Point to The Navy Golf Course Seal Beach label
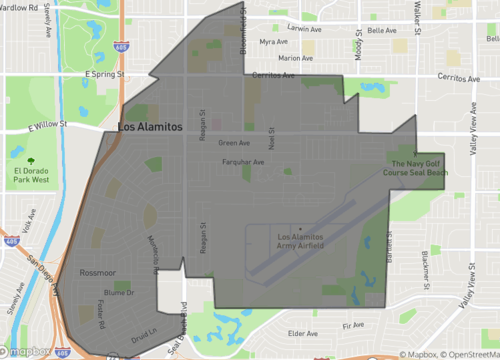[415, 168]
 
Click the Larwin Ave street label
[302, 30]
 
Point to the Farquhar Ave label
[244, 161]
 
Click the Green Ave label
[234, 143]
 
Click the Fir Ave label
[352, 326]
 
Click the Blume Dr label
[118, 292]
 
